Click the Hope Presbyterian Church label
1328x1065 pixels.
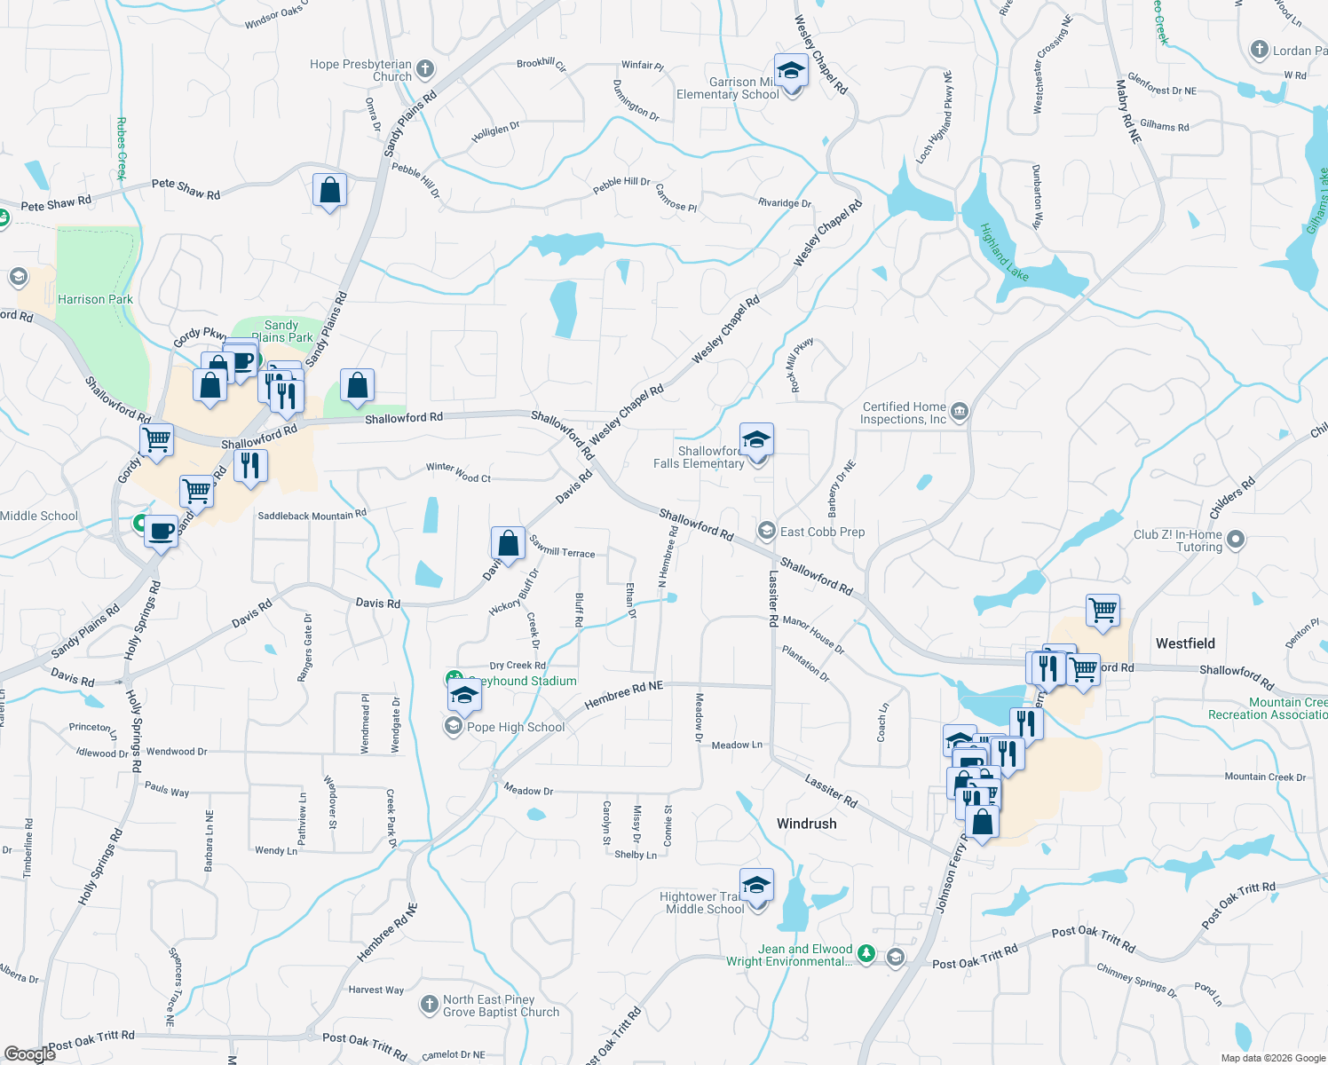pyautogui.click(x=361, y=70)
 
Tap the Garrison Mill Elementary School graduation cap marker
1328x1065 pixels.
pyautogui.click(x=790, y=70)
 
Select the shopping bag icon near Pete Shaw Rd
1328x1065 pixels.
pyautogui.click(x=329, y=191)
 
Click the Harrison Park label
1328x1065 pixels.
pyautogui.click(x=95, y=300)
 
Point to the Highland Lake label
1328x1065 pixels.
pyautogui.click(x=1004, y=253)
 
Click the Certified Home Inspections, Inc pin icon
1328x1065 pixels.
pyautogui.click(x=959, y=412)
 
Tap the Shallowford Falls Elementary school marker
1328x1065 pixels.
pyautogui.click(x=755, y=440)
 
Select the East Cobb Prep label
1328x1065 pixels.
pyautogui.click(x=822, y=532)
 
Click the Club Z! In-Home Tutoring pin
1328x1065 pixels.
pyautogui.click(x=1235, y=540)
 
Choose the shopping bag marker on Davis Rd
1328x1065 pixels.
pyautogui.click(x=508, y=544)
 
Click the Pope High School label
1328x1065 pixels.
pyautogui.click(x=516, y=727)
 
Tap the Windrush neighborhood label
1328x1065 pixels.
pyautogui.click(x=806, y=824)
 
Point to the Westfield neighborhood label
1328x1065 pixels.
pyautogui.click(x=1185, y=643)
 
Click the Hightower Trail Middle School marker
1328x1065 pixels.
pyautogui.click(x=755, y=886)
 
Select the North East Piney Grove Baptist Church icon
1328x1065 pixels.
pyautogui.click(x=429, y=1005)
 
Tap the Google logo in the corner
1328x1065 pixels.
pyautogui.click(x=29, y=1053)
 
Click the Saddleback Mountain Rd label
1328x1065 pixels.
pyautogui.click(x=312, y=515)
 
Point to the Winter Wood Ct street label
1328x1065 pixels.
pyautogui.click(x=458, y=472)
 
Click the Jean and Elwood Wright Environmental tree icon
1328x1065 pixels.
pyautogui.click(x=866, y=955)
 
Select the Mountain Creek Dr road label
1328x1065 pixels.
pyautogui.click(x=1265, y=777)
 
